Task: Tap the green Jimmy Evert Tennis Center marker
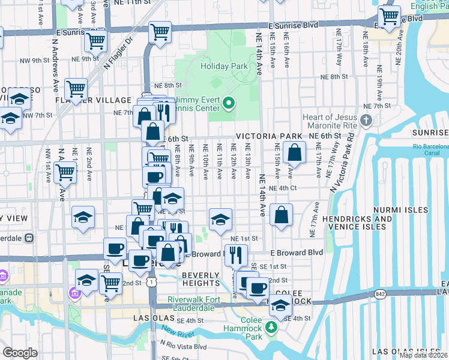pyautogui.click(x=229, y=104)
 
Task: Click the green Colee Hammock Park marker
pyautogui.click(x=271, y=327)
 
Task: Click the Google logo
pyautogui.click(x=20, y=352)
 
